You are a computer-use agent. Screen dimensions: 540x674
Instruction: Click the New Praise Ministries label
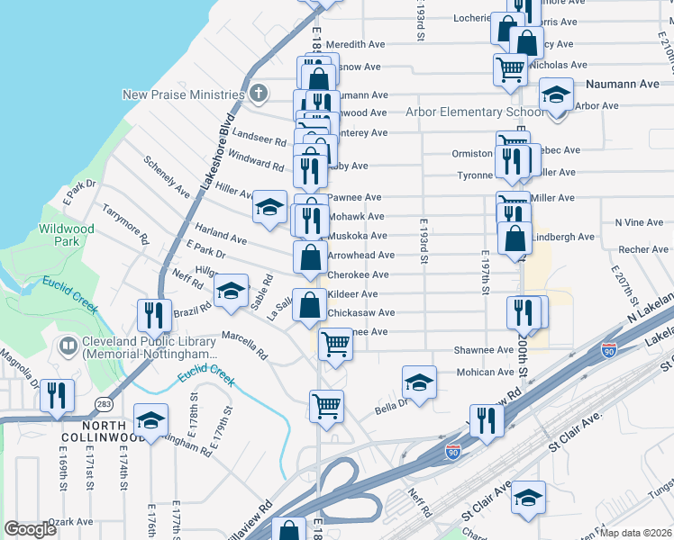(184, 94)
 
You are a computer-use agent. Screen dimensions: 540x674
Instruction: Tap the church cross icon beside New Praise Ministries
(259, 93)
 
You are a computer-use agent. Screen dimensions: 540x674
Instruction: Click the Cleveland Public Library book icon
(67, 345)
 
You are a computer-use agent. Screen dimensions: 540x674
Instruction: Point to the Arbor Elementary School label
(475, 112)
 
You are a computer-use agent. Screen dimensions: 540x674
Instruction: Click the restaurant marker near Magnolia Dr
(57, 396)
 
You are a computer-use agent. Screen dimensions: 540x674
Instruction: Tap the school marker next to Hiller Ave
(269, 208)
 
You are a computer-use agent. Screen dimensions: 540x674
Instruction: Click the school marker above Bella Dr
(419, 382)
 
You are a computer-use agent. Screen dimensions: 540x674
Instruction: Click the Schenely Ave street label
(167, 176)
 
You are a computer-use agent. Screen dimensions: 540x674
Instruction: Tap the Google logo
(31, 529)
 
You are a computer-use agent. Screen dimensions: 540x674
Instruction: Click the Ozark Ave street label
(71, 521)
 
